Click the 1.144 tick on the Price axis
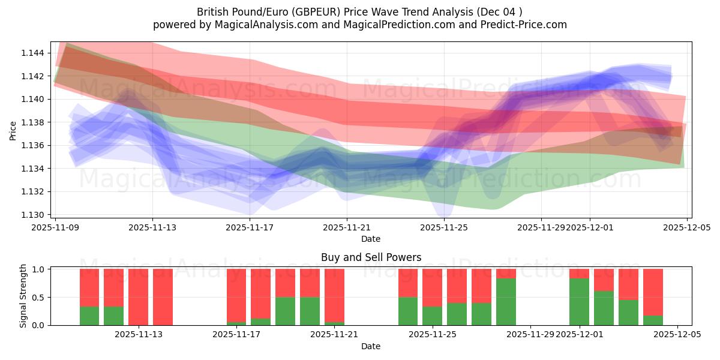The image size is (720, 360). (x=33, y=53)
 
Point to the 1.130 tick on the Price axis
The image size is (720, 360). (x=33, y=215)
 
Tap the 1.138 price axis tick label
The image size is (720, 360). (x=33, y=122)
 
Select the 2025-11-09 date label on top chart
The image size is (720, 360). (x=55, y=227)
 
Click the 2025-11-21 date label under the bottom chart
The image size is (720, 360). (x=334, y=334)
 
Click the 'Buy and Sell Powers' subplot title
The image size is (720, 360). (x=371, y=257)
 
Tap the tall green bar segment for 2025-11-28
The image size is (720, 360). (x=506, y=301)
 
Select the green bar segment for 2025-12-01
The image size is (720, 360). (x=579, y=301)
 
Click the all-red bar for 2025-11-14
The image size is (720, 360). (x=163, y=297)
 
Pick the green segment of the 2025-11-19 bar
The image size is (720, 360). (x=285, y=311)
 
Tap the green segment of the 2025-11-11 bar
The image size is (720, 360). (x=89, y=316)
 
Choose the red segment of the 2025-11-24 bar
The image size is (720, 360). (x=408, y=283)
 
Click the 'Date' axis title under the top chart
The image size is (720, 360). (x=371, y=239)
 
